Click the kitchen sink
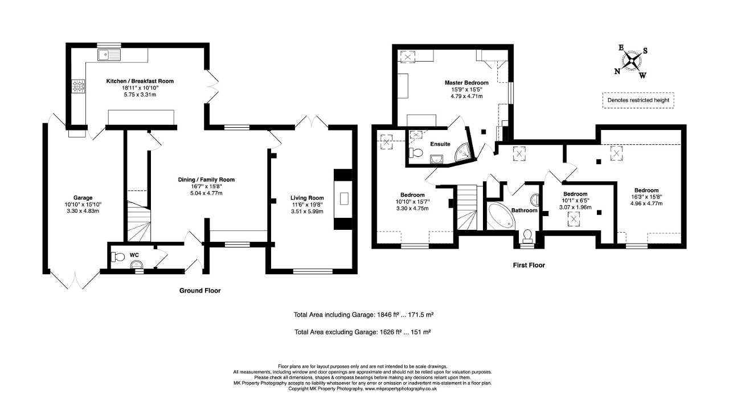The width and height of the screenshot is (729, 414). (109, 55)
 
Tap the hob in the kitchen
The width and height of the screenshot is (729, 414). (79, 86)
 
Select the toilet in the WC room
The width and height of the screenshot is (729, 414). (118, 257)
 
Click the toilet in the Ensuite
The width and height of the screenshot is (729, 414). (416, 152)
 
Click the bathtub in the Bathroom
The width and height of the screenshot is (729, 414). (501, 215)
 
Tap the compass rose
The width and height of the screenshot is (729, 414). (632, 61)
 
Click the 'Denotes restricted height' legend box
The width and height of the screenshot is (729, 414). (638, 100)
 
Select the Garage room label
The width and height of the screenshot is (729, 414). (83, 197)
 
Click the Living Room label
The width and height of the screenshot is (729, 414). (307, 198)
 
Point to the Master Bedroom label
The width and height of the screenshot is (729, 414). (466, 83)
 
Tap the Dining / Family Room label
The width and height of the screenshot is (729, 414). (206, 180)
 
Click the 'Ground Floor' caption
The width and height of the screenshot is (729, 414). (200, 290)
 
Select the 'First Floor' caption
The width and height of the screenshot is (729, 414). (529, 265)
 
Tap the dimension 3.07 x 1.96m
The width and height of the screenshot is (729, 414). (575, 208)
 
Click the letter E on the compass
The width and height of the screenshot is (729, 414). (621, 48)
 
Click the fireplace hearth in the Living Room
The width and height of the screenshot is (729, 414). (344, 198)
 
